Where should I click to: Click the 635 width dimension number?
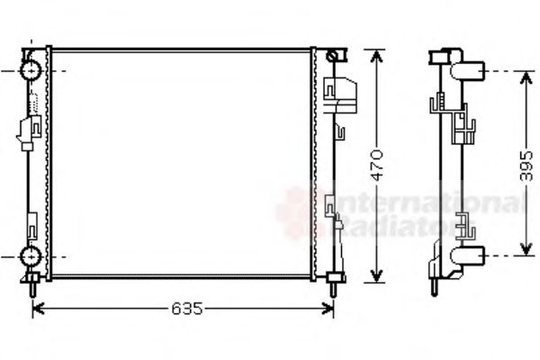click(x=184, y=310)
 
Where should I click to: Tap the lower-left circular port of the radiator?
click(x=31, y=256)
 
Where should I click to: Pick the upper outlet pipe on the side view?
click(x=472, y=70)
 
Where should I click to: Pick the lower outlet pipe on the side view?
click(x=472, y=256)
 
